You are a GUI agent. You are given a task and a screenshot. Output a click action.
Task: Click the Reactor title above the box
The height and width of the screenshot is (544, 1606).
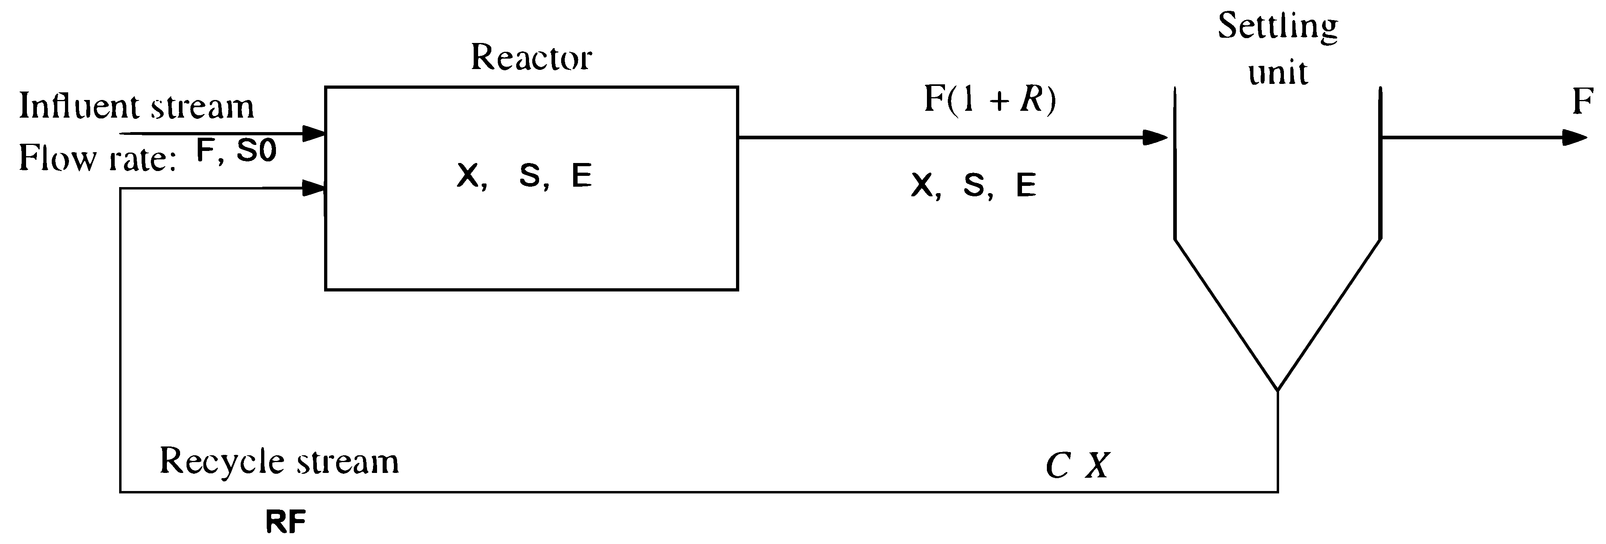pos(531,58)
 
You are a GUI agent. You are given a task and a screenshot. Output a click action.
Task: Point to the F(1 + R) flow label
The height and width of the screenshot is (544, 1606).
pos(990,100)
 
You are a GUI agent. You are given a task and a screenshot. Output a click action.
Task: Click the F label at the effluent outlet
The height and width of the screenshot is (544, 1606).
pos(1582,101)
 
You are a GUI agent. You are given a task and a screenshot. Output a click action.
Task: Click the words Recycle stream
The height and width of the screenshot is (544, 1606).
pos(279,462)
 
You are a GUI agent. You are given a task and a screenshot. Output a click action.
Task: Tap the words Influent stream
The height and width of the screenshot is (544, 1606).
pos(136,106)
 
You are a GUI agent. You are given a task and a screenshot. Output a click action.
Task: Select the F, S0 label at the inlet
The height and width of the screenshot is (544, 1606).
pos(236,151)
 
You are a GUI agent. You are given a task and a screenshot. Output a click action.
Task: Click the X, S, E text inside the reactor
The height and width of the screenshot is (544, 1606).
pos(524,176)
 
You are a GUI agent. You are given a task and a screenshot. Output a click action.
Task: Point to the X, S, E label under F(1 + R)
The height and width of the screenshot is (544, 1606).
pos(973,185)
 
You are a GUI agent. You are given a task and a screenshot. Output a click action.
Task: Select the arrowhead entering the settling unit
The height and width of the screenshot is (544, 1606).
pos(1155,137)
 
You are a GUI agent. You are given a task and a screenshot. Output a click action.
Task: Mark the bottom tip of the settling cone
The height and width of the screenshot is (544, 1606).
pos(1277,391)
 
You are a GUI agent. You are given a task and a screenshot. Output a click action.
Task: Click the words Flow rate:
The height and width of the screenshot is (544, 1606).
pos(97,159)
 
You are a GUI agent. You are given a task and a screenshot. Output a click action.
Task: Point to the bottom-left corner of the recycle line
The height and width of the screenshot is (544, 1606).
pos(120,491)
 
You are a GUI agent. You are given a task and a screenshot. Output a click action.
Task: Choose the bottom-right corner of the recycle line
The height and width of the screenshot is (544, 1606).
pos(1277,491)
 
